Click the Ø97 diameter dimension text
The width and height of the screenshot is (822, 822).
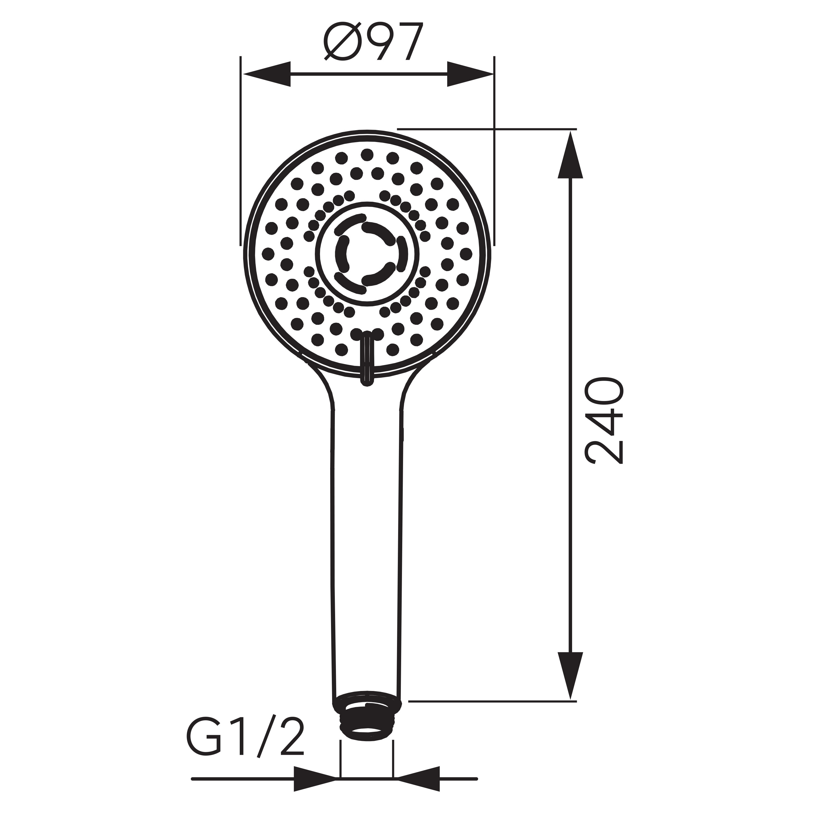pos(373,41)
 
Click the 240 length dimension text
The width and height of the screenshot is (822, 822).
pos(605,420)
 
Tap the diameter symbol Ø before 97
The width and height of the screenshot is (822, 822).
pos(342,41)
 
